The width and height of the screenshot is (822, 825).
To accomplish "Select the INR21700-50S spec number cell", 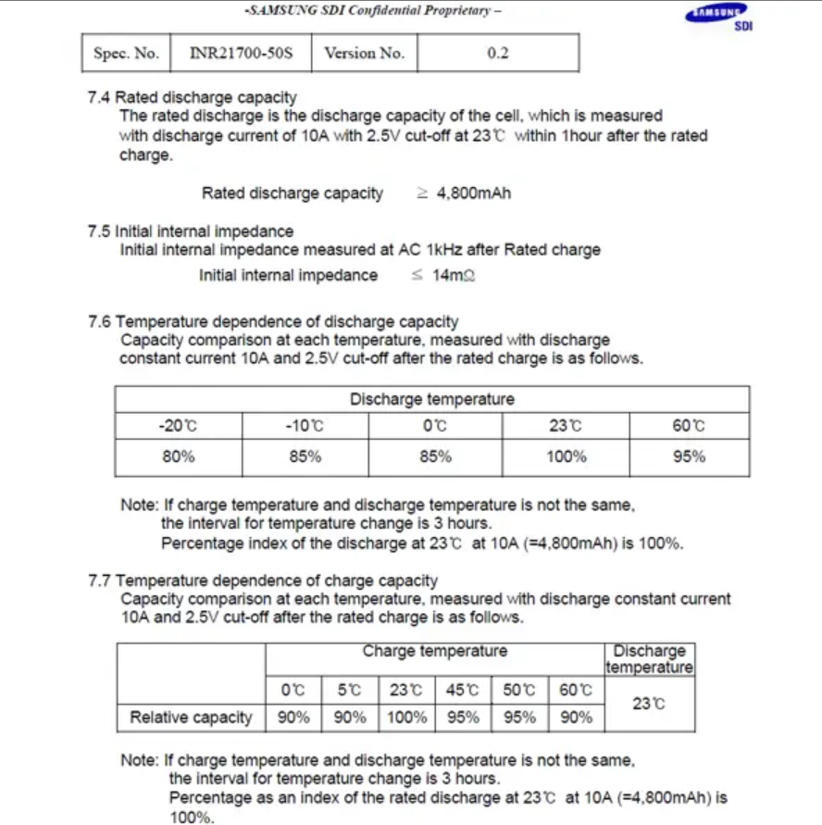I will [241, 54].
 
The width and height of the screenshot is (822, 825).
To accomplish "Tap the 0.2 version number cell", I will [498, 54].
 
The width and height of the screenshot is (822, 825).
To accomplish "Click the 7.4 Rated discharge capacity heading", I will [192, 97].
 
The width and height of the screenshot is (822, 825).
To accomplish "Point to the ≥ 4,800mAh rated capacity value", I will [463, 194].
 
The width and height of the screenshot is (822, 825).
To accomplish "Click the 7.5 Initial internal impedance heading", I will [190, 231].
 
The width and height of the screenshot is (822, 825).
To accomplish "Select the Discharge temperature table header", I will [432, 400].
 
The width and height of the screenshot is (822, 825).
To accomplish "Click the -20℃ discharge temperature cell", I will [178, 426].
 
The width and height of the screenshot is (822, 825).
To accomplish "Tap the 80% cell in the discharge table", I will [178, 456].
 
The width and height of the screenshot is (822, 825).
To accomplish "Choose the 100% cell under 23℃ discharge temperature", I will [566, 456].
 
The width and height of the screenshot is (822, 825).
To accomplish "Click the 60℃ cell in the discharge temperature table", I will [689, 426].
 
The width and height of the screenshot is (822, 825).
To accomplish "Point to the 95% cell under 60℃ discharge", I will [689, 456].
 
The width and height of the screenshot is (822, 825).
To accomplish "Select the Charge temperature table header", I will [434, 652].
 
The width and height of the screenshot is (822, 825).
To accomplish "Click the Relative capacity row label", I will [191, 718].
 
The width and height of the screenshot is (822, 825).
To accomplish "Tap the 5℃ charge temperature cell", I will [349, 690].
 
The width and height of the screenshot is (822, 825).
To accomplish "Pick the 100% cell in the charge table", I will [406, 718].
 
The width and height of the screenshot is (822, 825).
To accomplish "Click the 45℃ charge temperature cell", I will [463, 690].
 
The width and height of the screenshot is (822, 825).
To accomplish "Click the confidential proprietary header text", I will [372, 11].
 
